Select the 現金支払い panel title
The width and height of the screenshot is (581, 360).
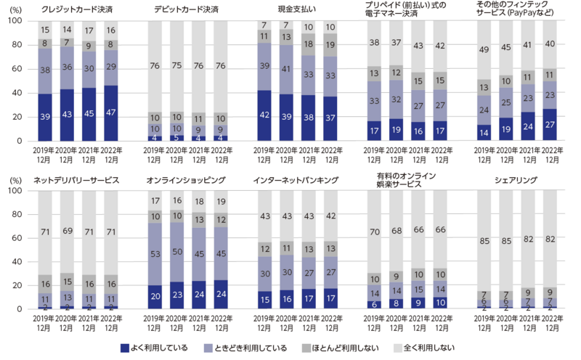[x=298, y=8]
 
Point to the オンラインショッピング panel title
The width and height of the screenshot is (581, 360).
[x=187, y=179]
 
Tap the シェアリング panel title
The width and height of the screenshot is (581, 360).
[x=516, y=179]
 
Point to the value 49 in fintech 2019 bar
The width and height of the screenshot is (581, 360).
[x=484, y=49]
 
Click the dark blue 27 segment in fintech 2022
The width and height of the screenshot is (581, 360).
[x=549, y=125]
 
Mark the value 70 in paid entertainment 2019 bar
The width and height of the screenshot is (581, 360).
[x=375, y=232]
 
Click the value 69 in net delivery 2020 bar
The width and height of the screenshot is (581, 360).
[x=68, y=230]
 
